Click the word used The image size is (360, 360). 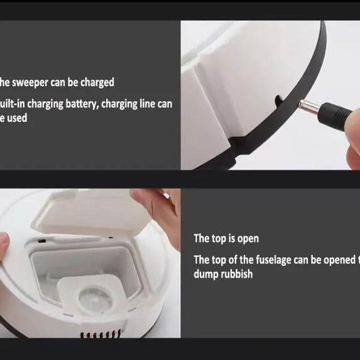coord(17,117)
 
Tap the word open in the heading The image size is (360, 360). coord(247,239)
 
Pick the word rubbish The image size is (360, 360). coord(237,274)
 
